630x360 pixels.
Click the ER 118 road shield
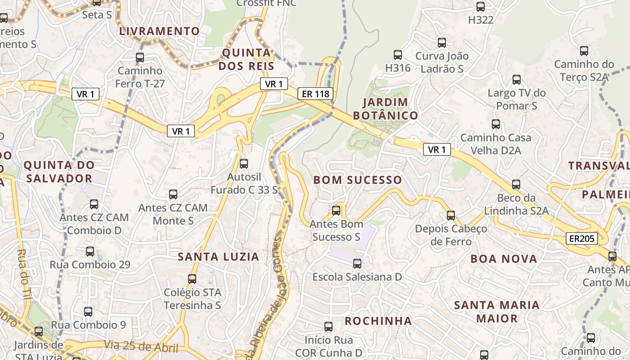tap(315, 94)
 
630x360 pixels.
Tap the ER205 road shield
tap(581, 238)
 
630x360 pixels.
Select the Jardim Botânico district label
tap(386, 109)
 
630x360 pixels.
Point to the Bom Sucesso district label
tap(358, 180)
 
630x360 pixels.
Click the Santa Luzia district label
tap(218, 257)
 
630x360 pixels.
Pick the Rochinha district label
tap(378, 321)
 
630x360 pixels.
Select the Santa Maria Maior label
tap(497, 312)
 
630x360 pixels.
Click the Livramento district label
tap(159, 31)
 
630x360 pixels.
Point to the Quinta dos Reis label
tap(247, 59)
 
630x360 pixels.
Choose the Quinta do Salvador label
tap(59, 171)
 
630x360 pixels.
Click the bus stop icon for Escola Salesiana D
tap(357, 263)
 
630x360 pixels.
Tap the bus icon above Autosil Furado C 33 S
tap(244, 164)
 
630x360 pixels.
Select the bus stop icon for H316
tap(398, 55)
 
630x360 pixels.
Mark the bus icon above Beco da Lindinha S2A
tap(516, 184)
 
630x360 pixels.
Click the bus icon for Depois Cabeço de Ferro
tap(451, 216)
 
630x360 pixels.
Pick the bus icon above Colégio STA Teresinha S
tap(192, 279)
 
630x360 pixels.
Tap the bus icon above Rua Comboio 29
tap(90, 251)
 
